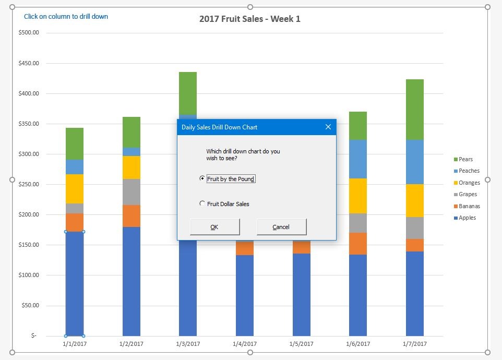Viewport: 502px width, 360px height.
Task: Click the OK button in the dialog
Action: point(214,227)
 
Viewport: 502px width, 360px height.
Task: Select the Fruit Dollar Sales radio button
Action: point(202,204)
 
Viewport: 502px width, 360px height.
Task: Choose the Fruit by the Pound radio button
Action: point(202,178)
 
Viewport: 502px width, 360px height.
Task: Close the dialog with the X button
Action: point(328,127)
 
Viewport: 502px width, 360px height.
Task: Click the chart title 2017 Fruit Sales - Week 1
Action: point(250,19)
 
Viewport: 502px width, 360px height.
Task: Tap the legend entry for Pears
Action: point(465,159)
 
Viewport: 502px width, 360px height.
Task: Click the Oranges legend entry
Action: point(469,183)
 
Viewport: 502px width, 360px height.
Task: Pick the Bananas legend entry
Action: point(469,206)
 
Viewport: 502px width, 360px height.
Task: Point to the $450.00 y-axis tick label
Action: point(29,63)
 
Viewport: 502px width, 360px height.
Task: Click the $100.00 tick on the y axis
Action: point(29,275)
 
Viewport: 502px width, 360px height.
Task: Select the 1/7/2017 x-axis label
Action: point(414,344)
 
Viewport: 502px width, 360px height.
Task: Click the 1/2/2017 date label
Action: point(131,344)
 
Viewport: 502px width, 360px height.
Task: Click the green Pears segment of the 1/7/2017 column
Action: point(414,110)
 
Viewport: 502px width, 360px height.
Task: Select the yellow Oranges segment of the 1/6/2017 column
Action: point(358,196)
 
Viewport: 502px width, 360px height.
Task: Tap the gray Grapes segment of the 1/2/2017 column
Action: point(131,192)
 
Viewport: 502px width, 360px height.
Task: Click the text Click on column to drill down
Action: point(66,17)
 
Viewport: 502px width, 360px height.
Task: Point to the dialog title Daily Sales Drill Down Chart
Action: point(219,127)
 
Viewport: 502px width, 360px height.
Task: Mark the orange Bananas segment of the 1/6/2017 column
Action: point(358,244)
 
